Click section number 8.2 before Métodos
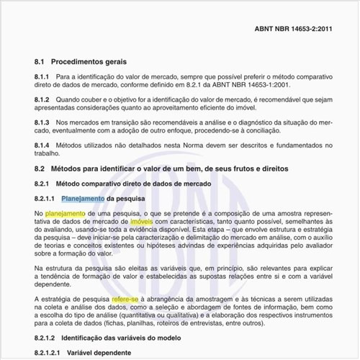tap(40, 168)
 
